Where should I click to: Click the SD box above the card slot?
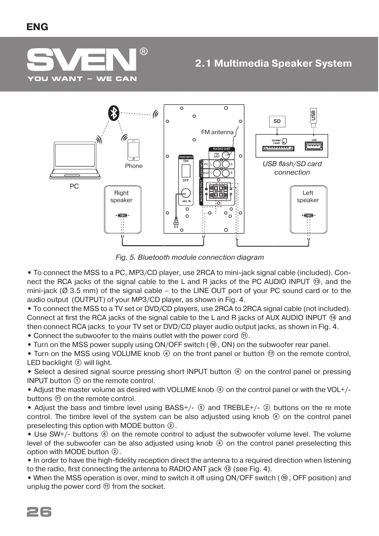click(277, 122)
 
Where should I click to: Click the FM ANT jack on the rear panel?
click(229, 154)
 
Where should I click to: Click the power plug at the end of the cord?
click(176, 222)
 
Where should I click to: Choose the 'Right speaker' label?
click(122, 197)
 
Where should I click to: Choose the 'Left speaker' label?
click(308, 197)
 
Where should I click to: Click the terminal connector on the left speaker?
click(308, 215)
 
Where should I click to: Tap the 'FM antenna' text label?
click(217, 132)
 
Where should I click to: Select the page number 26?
click(39, 512)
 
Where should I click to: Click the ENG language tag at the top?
click(37, 27)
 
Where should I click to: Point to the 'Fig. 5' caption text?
click(189, 257)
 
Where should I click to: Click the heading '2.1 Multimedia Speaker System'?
click(273, 63)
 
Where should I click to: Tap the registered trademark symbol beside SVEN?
click(144, 51)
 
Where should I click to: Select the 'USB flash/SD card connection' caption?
click(292, 168)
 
